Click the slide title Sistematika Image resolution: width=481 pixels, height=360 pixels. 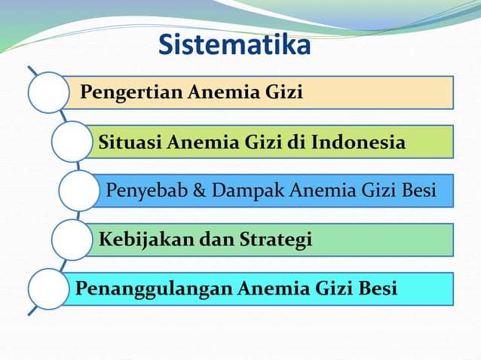(x=234, y=45)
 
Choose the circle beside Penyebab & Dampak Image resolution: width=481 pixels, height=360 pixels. (x=78, y=190)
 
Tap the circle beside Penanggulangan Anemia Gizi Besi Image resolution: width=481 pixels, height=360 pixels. (x=49, y=288)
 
